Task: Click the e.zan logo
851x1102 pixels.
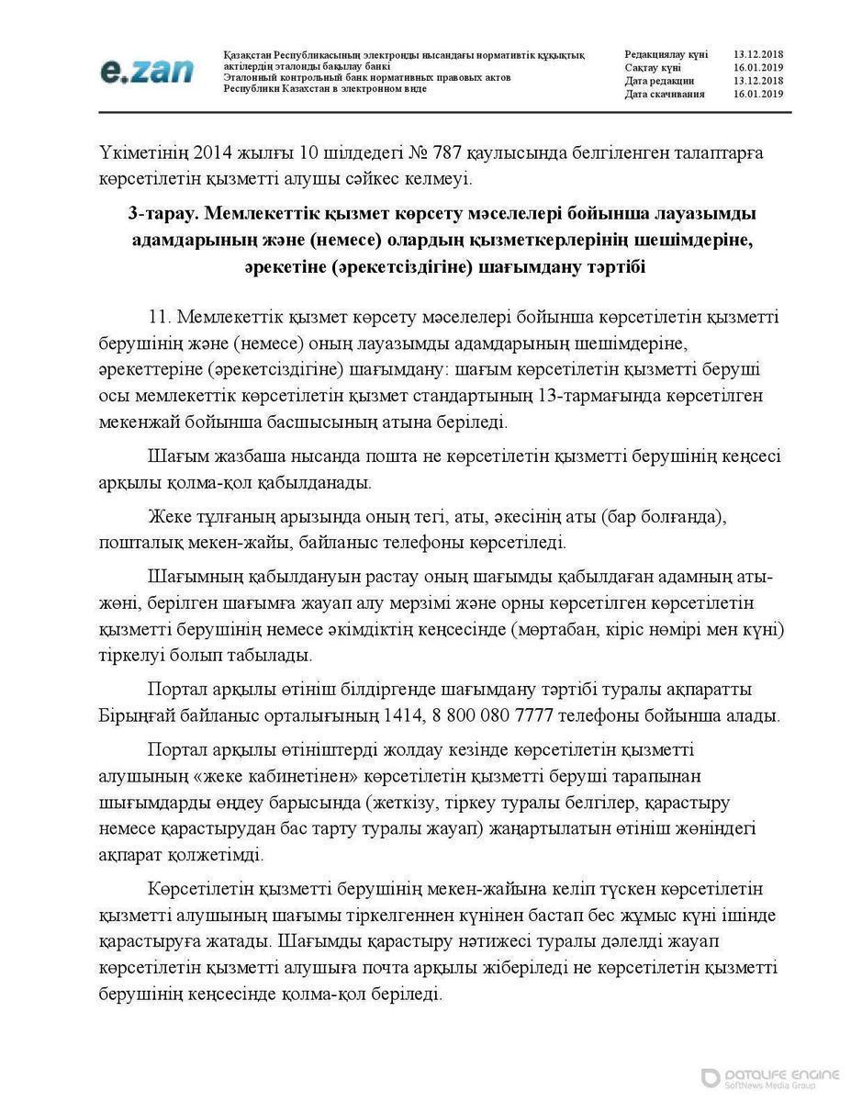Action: tap(147, 71)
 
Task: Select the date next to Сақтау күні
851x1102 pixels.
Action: tap(758, 68)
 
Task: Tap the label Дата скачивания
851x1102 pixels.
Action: tap(665, 94)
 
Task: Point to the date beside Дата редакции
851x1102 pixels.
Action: tap(758, 81)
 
